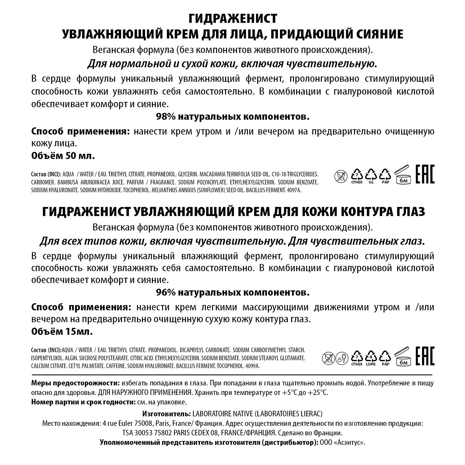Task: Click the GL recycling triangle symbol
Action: [371, 175]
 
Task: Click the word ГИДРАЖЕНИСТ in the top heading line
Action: [232, 19]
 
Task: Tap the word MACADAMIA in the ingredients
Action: [213, 175]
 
